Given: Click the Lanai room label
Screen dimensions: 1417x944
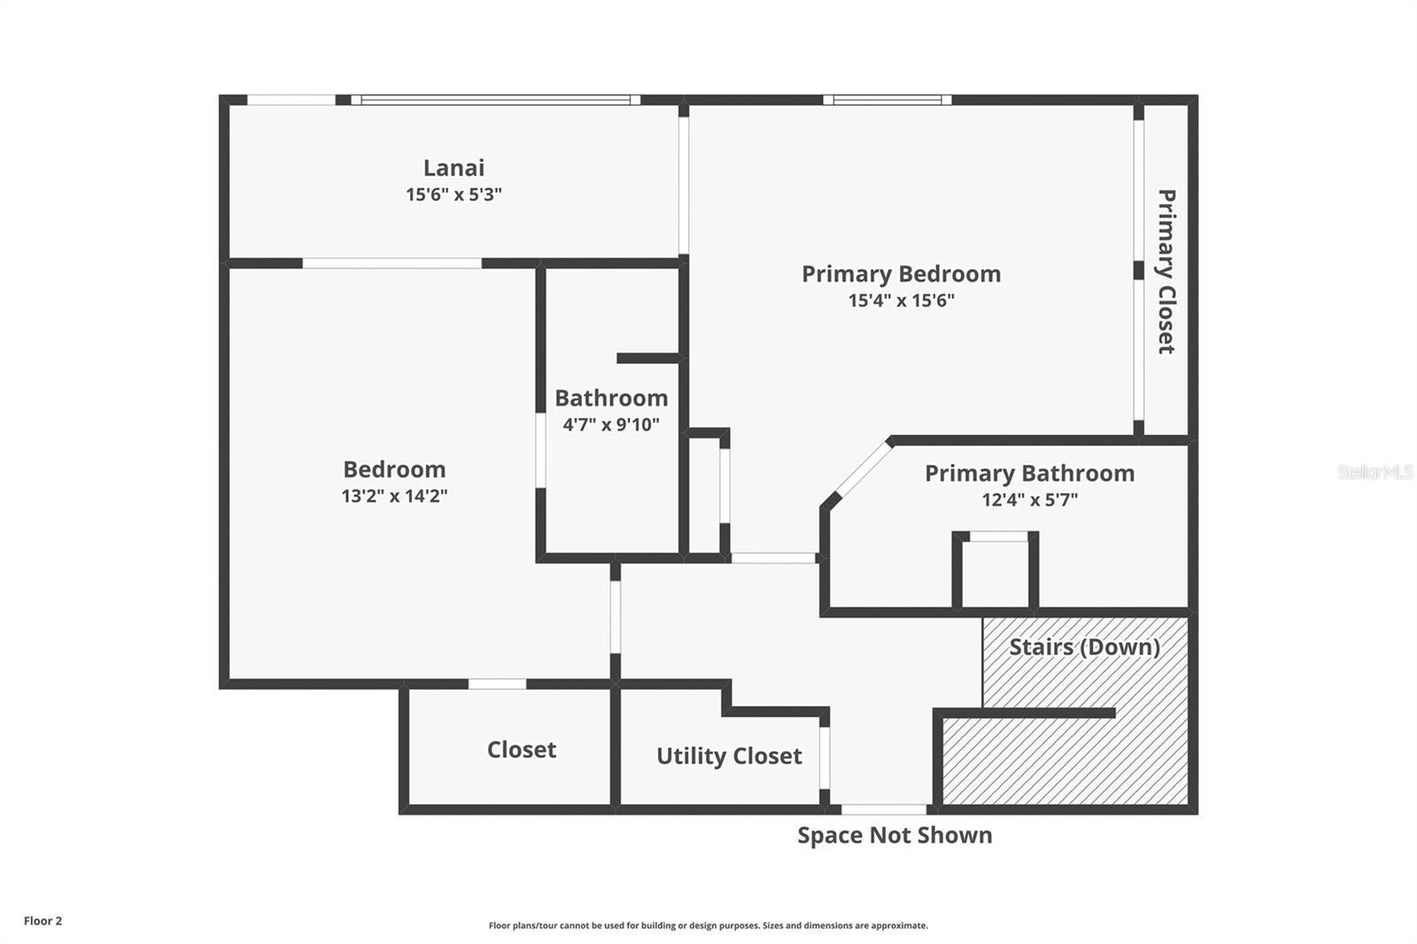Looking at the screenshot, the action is click(x=453, y=167).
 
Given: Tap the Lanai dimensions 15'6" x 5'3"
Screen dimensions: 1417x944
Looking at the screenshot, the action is click(x=453, y=194).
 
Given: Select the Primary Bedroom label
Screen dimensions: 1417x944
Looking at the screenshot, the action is click(x=902, y=274).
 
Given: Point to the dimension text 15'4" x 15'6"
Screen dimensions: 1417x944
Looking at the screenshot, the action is click(x=902, y=300).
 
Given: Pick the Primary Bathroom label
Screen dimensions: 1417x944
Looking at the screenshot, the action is click(x=1030, y=473).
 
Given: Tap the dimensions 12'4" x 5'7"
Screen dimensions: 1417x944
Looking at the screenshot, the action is click(x=1030, y=499).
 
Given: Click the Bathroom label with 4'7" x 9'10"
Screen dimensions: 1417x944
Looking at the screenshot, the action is click(x=611, y=398).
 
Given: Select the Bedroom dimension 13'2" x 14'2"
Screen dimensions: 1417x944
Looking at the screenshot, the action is click(x=395, y=496).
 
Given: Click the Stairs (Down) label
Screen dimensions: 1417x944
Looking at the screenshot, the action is click(x=1084, y=646).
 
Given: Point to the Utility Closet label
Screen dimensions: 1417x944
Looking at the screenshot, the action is click(x=730, y=756).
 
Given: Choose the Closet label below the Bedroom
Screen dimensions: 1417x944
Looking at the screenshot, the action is click(x=522, y=750).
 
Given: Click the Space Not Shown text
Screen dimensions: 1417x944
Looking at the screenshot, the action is click(x=894, y=835).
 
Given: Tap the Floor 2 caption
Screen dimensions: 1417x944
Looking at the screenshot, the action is click(x=43, y=921).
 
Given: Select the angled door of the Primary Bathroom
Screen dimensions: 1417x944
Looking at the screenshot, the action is click(x=862, y=468).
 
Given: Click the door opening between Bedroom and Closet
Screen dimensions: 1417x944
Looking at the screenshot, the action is click(x=497, y=684).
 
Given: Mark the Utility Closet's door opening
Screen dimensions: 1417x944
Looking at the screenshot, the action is click(x=825, y=758).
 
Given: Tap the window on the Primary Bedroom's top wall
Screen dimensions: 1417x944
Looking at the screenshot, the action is click(x=887, y=99).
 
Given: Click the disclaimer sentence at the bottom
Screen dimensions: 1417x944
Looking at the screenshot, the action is click(x=708, y=925).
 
